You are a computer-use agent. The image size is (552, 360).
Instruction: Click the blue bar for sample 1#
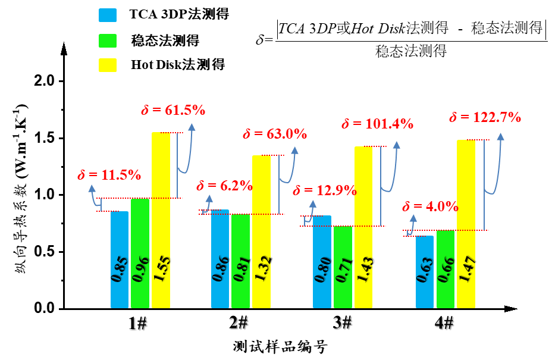[x=120, y=260]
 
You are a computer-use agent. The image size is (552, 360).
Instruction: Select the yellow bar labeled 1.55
[x=161, y=220]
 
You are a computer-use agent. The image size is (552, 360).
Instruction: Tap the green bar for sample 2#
[x=241, y=261]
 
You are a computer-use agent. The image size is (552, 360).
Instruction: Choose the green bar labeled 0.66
[x=446, y=269]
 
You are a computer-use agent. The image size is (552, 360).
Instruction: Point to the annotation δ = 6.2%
[x=224, y=186]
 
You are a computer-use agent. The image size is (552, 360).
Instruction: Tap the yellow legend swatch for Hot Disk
[x=108, y=64]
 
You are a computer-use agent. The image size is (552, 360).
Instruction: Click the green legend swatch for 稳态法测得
[x=108, y=40]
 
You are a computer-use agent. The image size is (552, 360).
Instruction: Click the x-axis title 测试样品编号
[x=280, y=346]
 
